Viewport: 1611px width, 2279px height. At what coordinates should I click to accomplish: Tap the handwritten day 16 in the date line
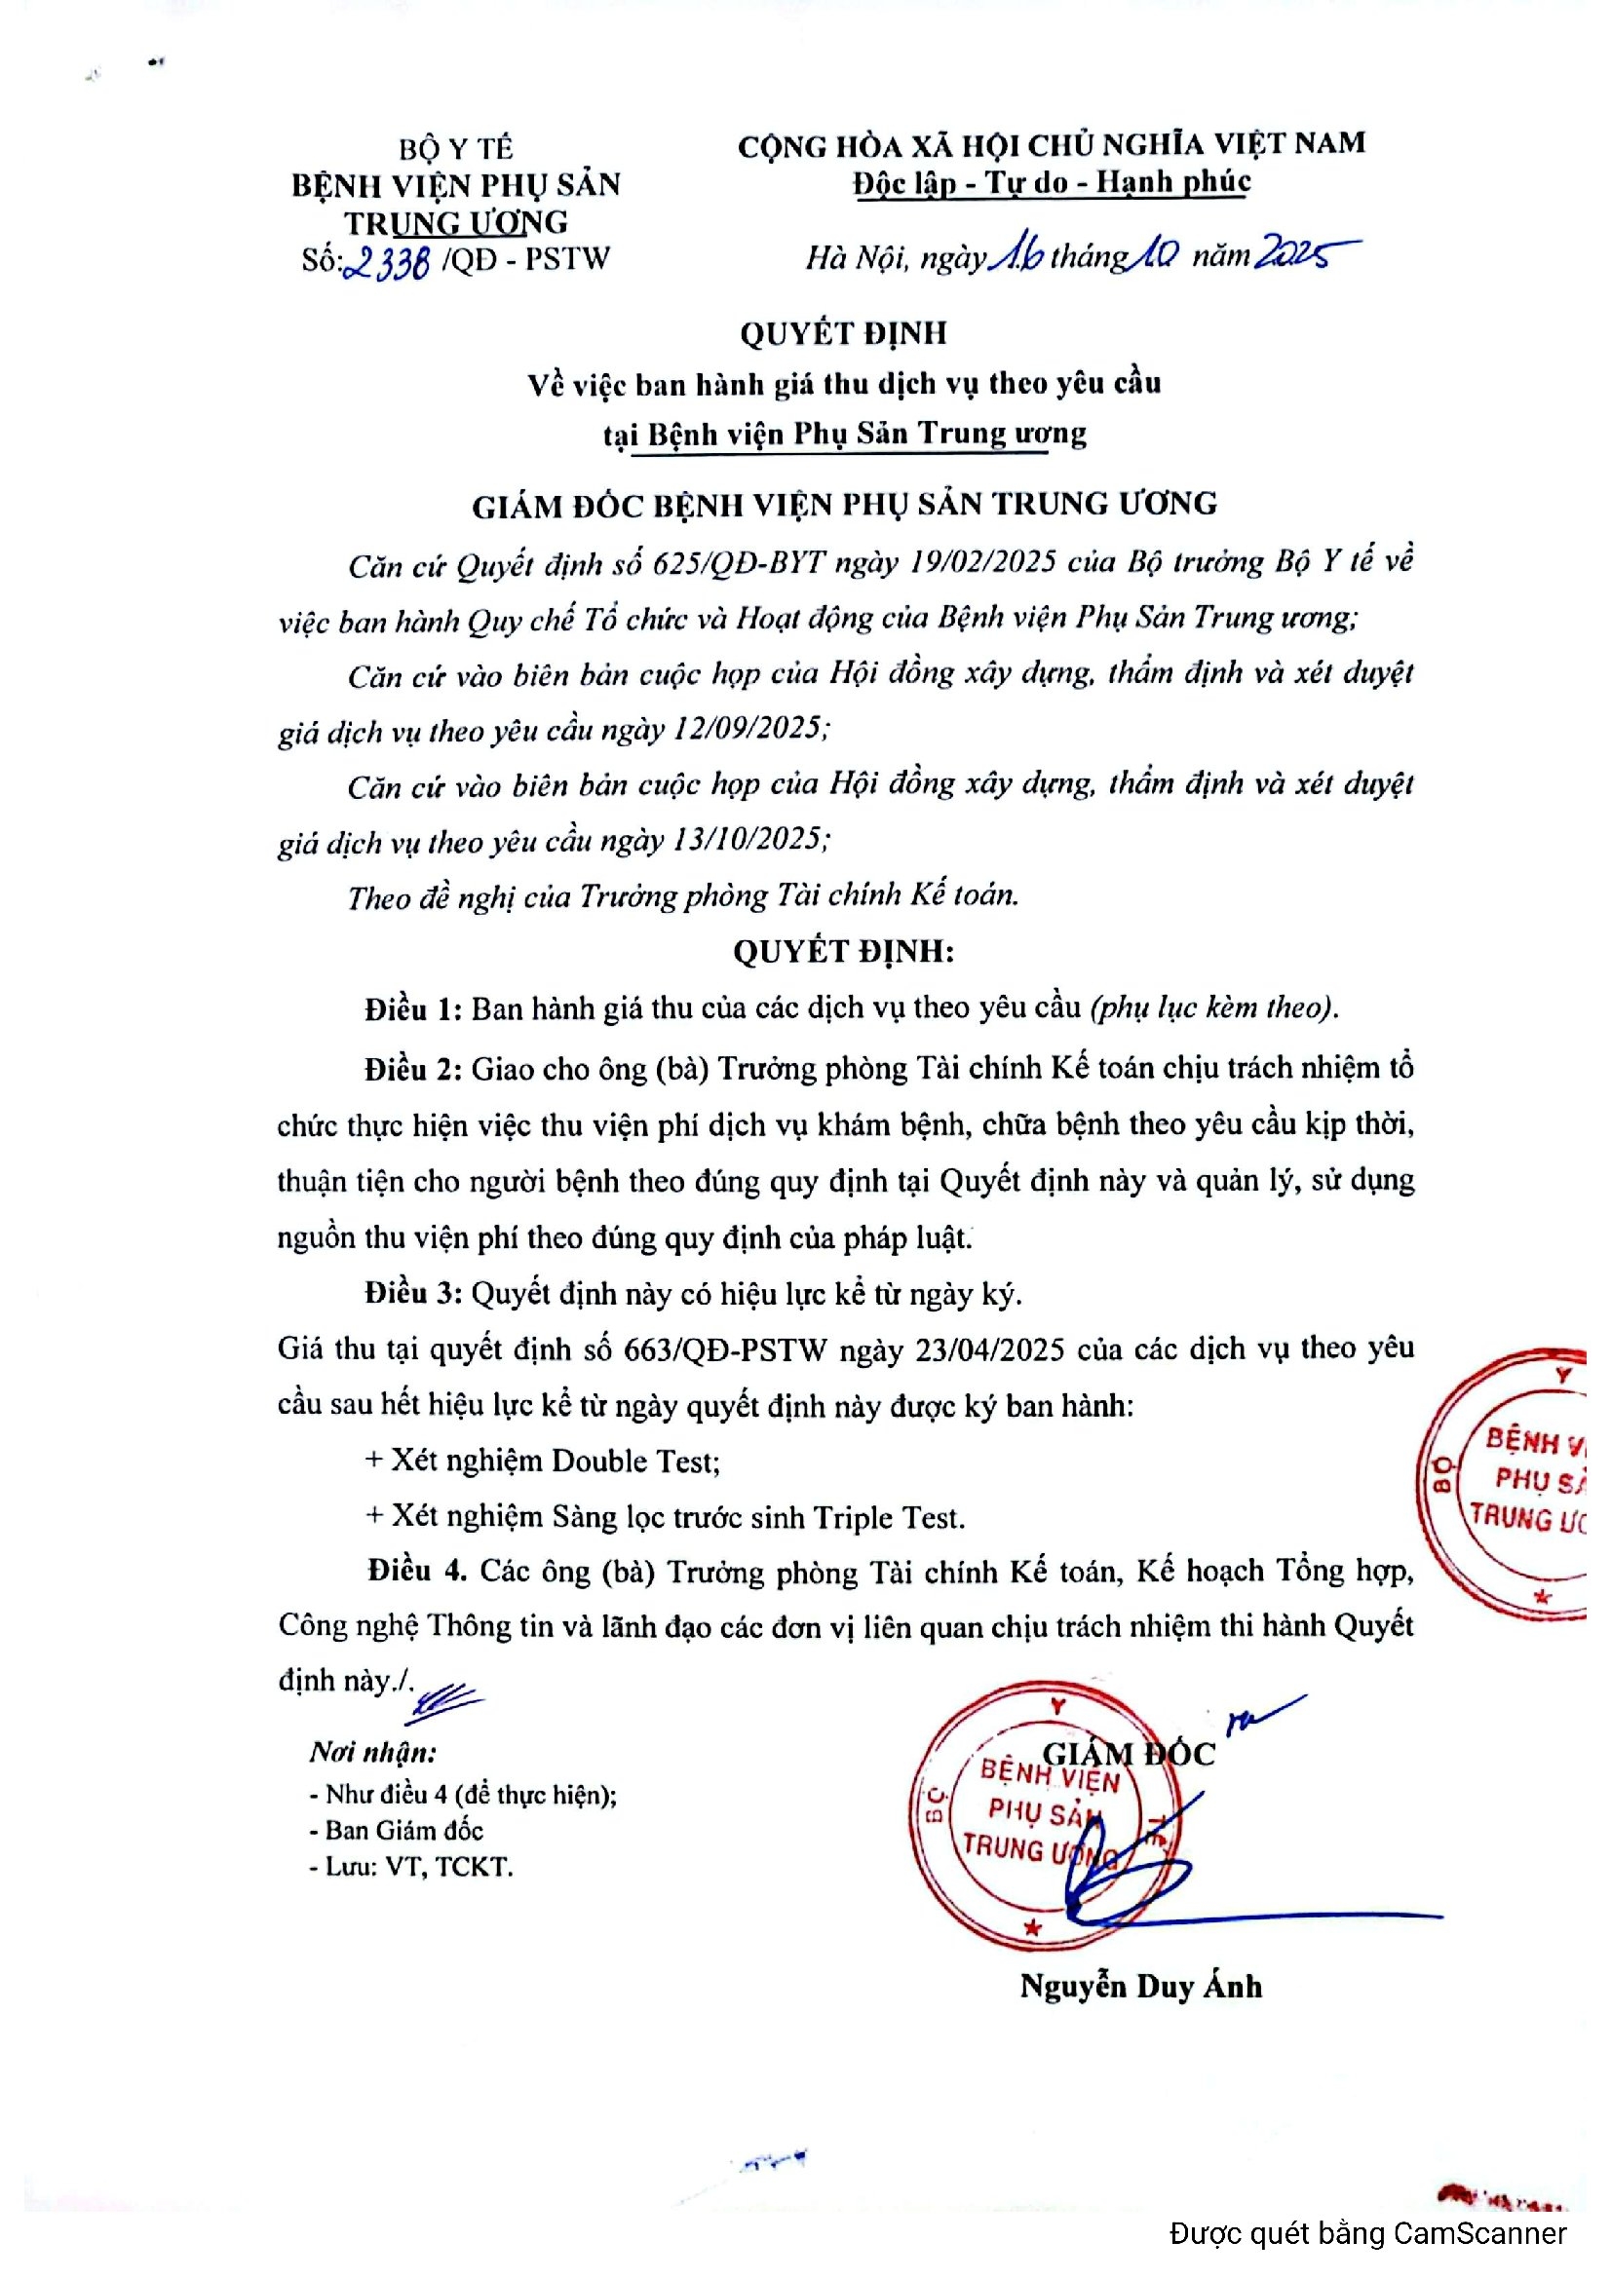[x=1016, y=257]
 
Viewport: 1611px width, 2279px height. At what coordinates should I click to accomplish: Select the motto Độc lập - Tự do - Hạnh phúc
[x=1052, y=182]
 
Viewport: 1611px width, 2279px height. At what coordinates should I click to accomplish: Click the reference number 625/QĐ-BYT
[x=739, y=564]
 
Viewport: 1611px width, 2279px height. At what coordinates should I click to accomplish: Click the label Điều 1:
[x=413, y=1009]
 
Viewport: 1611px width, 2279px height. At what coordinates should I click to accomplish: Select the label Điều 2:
[x=413, y=1069]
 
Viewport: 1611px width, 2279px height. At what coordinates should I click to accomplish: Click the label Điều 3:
[x=413, y=1293]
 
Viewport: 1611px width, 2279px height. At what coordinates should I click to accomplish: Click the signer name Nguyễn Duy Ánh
[x=1140, y=1986]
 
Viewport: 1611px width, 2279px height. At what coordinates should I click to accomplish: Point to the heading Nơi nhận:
[x=372, y=1752]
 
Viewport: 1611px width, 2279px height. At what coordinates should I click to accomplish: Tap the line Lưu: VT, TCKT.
[x=418, y=1867]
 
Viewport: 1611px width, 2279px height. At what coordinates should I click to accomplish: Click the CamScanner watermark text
[x=1367, y=2233]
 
